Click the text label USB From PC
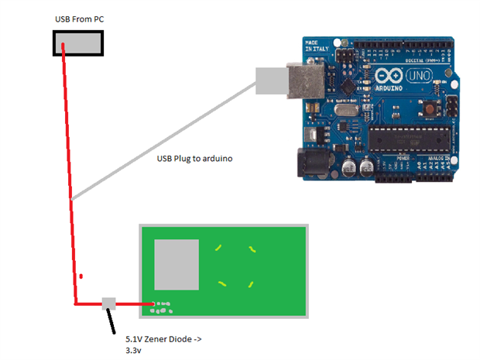click(79, 18)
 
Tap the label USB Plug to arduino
click(194, 158)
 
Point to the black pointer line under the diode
click(112, 321)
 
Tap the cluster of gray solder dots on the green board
click(163, 308)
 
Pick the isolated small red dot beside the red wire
click(81, 275)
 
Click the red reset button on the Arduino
click(429, 110)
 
